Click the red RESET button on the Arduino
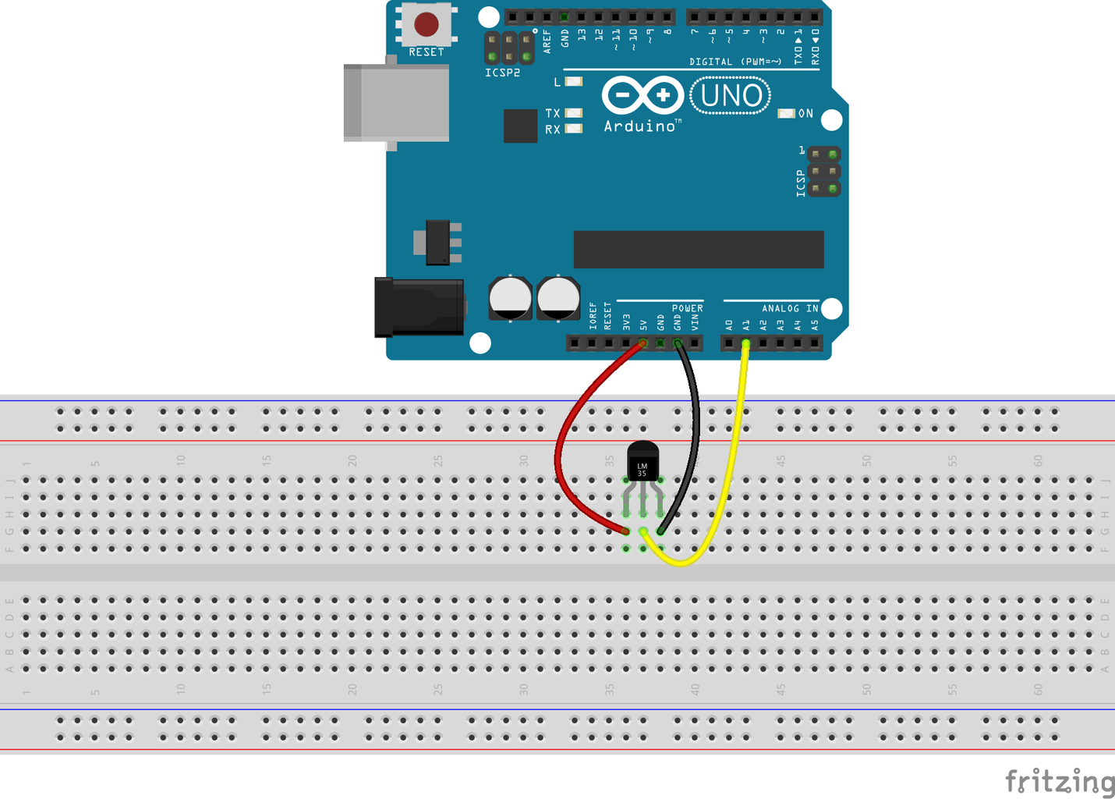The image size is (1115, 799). point(426,24)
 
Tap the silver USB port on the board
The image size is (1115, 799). point(396,103)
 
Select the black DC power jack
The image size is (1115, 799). point(419,307)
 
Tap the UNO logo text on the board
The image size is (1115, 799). point(731,96)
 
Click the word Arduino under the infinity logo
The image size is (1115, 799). point(639,126)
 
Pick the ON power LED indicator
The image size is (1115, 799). point(786,114)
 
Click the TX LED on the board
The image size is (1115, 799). point(574,113)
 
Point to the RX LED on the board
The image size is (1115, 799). point(574,129)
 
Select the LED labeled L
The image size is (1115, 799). point(574,81)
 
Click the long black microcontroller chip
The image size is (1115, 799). point(699,249)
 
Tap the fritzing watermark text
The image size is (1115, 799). point(1059,780)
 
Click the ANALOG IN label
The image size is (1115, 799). point(790,308)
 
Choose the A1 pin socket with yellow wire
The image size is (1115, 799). point(746,343)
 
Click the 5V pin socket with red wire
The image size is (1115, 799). point(643,343)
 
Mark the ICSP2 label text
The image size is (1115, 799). point(502,73)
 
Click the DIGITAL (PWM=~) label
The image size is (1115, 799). point(734,62)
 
